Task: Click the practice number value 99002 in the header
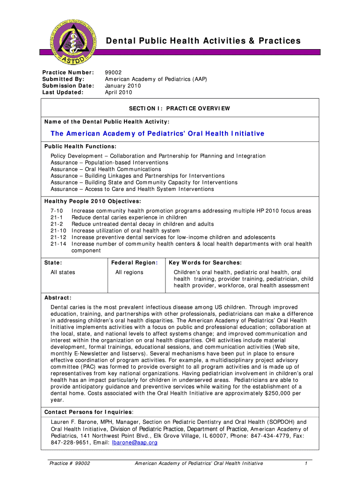click(114, 73)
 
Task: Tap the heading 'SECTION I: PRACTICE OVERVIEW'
click(180, 109)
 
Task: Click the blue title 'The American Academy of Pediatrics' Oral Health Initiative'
click(158, 134)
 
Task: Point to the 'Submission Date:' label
click(68, 86)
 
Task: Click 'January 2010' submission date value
click(123, 86)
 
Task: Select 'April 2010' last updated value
click(118, 92)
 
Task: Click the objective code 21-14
click(58, 244)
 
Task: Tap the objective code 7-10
click(57, 211)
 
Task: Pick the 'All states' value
click(63, 272)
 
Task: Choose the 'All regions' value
click(130, 272)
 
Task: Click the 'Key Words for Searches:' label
click(205, 263)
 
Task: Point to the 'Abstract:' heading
click(58, 298)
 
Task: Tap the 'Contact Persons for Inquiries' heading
click(88, 412)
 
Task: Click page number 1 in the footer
click(305, 463)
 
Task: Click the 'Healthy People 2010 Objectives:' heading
click(93, 201)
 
